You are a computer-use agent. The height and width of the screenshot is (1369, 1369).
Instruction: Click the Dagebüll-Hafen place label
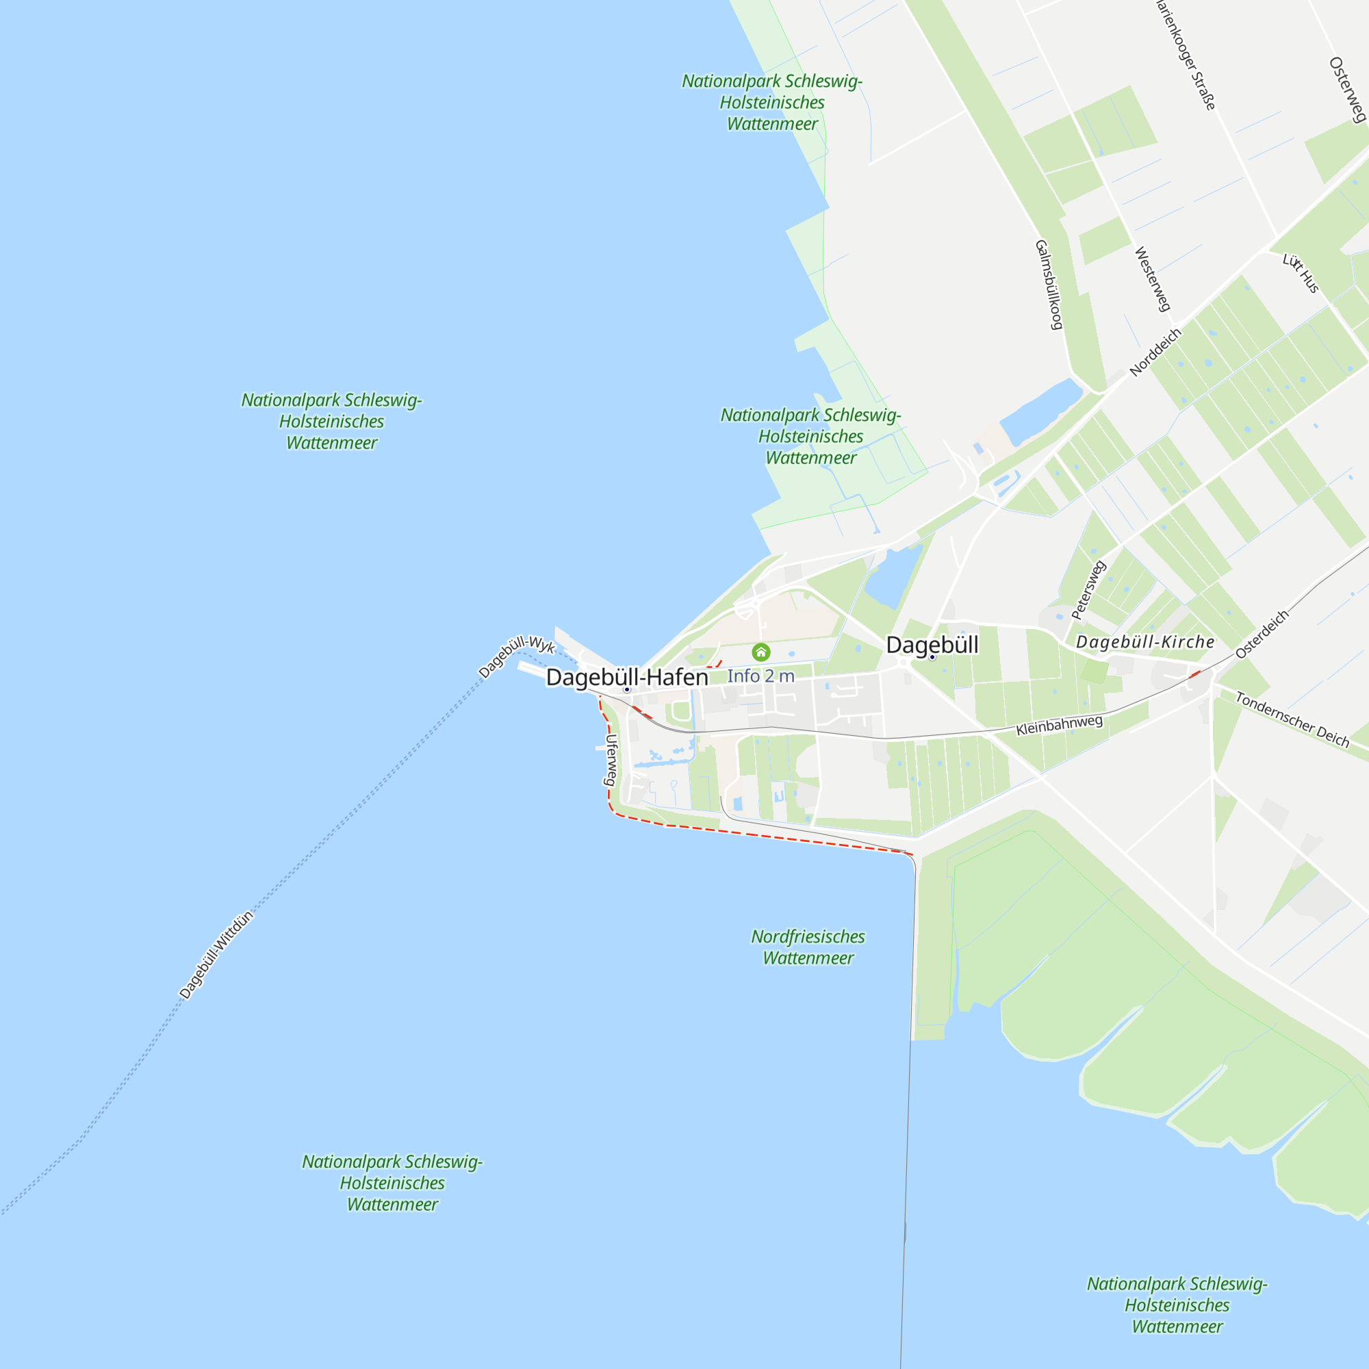(626, 677)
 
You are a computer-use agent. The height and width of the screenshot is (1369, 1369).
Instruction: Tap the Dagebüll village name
(932, 644)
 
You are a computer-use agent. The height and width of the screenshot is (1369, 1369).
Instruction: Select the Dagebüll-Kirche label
(1144, 642)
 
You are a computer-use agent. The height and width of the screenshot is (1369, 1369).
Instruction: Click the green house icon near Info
(760, 651)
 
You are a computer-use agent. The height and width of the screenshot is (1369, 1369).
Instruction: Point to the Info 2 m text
(760, 676)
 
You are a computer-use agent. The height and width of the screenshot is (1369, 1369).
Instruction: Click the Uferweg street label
(610, 760)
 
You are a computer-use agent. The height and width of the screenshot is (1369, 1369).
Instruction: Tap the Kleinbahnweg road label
(1060, 725)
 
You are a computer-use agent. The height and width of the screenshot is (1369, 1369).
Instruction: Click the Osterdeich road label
(1262, 635)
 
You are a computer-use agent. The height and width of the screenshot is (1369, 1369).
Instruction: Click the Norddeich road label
(1155, 351)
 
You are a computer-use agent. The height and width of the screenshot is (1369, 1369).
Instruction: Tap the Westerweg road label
(1152, 279)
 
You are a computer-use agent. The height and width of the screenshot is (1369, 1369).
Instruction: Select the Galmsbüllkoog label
(1049, 284)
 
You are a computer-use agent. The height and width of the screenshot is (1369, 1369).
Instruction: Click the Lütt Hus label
(1301, 273)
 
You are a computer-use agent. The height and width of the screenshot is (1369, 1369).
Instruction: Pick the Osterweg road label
(1347, 90)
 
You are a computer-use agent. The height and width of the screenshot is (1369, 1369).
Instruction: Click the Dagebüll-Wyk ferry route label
(516, 656)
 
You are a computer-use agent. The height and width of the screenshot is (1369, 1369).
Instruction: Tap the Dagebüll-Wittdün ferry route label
(216, 954)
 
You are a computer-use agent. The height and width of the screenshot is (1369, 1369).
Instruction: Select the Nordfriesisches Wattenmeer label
(808, 947)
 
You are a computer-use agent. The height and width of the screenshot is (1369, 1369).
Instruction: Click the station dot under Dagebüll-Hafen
(626, 689)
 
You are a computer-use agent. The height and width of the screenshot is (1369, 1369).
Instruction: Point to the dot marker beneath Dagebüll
(932, 658)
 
